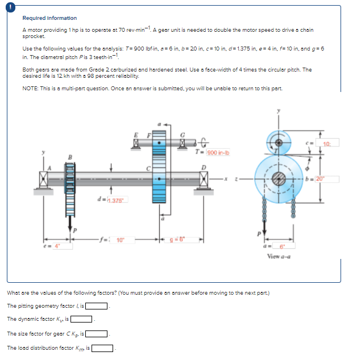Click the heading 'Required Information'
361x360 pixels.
click(x=49, y=18)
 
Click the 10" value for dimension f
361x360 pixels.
click(x=121, y=240)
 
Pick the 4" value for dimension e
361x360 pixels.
click(x=57, y=245)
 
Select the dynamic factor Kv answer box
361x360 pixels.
click(x=81, y=319)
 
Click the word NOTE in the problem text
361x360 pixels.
click(x=30, y=87)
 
